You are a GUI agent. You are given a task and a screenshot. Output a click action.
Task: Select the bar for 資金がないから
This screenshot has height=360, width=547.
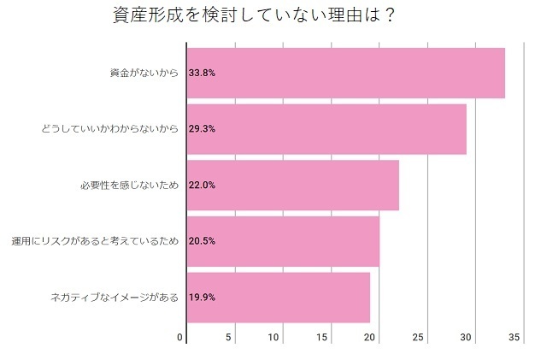(345, 74)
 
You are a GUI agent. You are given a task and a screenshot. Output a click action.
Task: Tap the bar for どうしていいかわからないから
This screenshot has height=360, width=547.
(326, 129)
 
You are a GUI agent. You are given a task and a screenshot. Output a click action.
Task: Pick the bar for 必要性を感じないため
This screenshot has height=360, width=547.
(292, 185)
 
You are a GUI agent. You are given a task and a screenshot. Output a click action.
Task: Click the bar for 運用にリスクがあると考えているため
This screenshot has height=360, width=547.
(283, 241)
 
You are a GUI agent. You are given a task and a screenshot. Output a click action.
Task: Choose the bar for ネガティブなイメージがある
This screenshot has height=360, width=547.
(279, 297)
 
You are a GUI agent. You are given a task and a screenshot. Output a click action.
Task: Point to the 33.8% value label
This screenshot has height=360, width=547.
(203, 74)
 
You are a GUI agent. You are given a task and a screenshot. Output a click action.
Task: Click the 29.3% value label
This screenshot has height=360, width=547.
(203, 129)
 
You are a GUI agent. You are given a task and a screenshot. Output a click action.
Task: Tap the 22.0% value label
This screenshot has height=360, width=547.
(203, 185)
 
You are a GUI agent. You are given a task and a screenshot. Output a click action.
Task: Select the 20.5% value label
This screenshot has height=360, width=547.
(203, 241)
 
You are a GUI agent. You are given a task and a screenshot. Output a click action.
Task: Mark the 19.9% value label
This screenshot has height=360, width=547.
(203, 297)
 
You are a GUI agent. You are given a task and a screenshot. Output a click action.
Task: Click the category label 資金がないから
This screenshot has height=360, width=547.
(144, 74)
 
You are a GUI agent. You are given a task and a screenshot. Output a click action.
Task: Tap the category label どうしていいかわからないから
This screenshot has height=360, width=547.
(110, 129)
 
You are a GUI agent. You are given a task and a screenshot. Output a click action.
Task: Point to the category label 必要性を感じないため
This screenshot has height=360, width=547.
(129, 185)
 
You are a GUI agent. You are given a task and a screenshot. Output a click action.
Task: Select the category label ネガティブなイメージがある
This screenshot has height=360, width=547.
(115, 297)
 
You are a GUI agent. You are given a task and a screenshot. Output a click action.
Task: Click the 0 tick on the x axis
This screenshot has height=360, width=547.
(180, 338)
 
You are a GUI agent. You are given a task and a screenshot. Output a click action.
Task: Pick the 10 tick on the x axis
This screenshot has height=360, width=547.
(274, 338)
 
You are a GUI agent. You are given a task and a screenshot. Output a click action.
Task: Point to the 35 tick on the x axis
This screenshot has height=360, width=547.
(515, 338)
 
